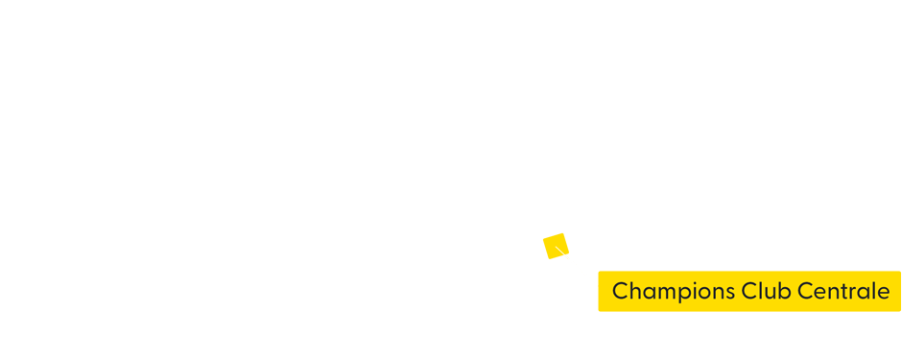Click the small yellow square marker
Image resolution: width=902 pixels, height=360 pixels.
[556, 246]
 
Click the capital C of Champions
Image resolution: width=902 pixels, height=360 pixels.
[620, 290]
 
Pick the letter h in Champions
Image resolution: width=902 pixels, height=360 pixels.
[634, 290]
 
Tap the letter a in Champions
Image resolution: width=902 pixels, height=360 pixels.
[648, 292]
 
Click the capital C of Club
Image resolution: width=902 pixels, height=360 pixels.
[748, 290]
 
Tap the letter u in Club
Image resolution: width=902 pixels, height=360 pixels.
[767, 292]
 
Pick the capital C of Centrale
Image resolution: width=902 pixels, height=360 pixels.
[802, 290]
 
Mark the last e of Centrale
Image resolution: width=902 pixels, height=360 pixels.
[883, 292]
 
